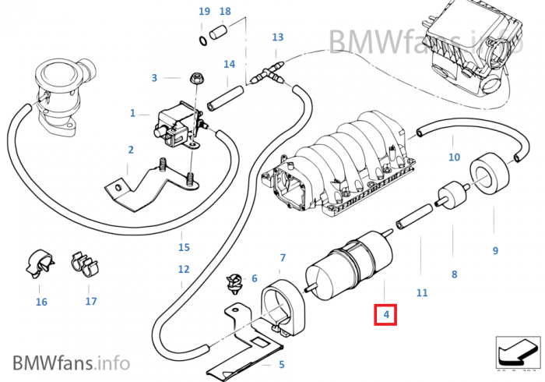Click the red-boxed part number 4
tap(385, 315)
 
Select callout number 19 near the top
tap(204, 12)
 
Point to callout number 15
tap(184, 248)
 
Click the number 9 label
tap(494, 250)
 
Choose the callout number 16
tap(41, 302)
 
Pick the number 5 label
tap(282, 364)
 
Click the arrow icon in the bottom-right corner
tap(518, 352)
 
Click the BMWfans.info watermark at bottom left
tap(71, 363)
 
